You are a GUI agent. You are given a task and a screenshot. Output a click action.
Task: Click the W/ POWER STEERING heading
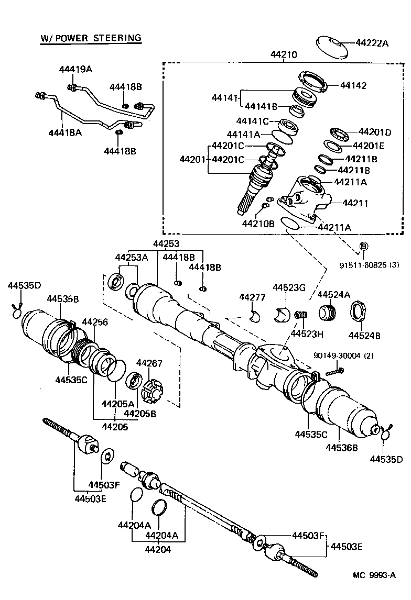point(91,38)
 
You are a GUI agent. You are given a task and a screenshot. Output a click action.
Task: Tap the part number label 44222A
point(372,43)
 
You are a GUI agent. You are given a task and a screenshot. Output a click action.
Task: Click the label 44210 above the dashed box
point(284,54)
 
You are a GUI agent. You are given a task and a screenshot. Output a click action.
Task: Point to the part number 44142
point(353,85)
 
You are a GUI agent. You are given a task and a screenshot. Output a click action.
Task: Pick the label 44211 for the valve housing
point(356,203)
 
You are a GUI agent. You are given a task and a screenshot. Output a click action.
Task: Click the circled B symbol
point(364,246)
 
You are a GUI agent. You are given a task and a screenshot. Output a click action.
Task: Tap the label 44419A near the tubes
point(75,69)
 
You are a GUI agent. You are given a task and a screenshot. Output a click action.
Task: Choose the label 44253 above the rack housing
point(166,243)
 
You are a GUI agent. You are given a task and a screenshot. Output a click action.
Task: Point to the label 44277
point(251,297)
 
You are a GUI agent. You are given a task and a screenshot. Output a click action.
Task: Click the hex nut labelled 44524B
point(358,312)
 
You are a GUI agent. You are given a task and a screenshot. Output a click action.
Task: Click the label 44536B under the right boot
point(342,448)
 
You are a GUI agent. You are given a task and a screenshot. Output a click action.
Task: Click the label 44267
point(149,363)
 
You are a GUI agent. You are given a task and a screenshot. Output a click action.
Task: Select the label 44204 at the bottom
point(158,550)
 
